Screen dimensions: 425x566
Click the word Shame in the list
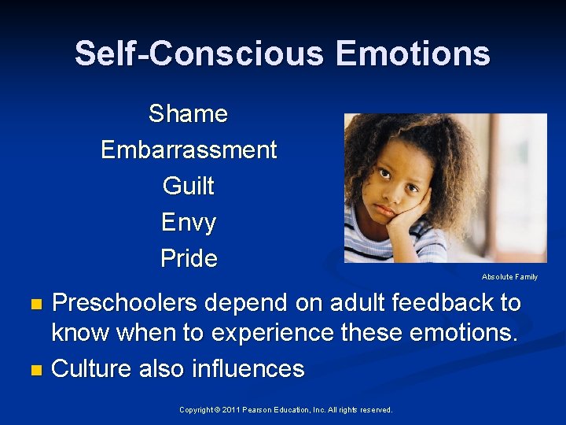click(188, 114)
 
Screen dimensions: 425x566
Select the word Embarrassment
click(189, 150)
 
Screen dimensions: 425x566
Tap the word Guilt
click(188, 187)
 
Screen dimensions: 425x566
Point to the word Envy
click(188, 223)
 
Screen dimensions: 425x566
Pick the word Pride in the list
click(189, 258)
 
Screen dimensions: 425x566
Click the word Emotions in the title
click(413, 54)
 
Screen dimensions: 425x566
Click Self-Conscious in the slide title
click(199, 54)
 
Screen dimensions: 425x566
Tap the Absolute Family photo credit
click(509, 277)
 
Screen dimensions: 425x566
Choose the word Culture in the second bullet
click(92, 368)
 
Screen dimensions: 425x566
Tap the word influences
click(248, 368)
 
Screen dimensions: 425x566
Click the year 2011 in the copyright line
click(229, 410)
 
